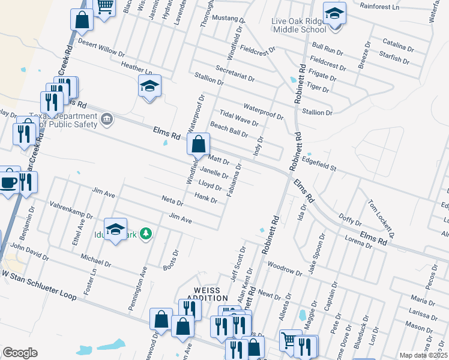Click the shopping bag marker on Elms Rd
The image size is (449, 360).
(x=197, y=145)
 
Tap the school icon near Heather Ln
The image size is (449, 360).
(x=149, y=86)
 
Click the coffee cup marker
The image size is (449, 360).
(x=8, y=181)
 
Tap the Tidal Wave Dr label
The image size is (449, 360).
(x=239, y=118)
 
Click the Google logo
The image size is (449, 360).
(x=20, y=352)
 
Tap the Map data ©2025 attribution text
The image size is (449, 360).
(x=423, y=355)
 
